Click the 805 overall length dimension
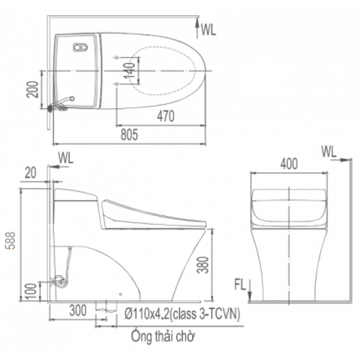pos(129,135)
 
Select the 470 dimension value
pos(166,116)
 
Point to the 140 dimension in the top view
pos(130,70)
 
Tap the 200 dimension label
pos(33,89)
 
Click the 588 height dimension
pos(10,241)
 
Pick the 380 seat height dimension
pos(202,265)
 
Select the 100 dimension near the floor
pos(31,291)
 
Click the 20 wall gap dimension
pos(31,172)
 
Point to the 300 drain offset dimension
pos(78,310)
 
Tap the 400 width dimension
pos(289,164)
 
